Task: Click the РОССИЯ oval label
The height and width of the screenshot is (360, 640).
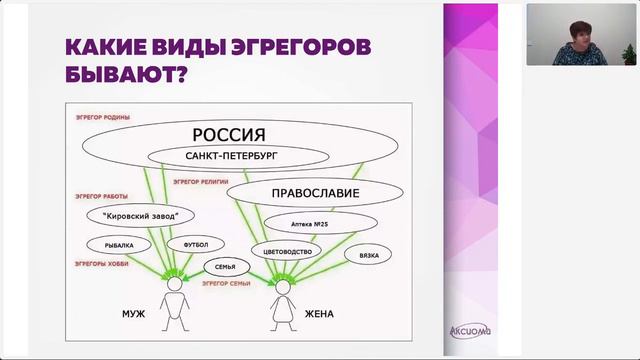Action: pos(228,134)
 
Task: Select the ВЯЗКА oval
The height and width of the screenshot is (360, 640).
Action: pos(361,255)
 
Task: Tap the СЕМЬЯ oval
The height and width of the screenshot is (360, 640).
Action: pos(225,268)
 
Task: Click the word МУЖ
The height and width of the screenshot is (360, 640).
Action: pos(133,314)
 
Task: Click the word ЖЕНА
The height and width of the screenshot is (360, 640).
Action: pos(319,314)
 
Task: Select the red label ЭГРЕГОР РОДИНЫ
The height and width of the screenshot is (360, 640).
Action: pos(96,116)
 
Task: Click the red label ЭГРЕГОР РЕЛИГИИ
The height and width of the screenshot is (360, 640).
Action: pos(199,182)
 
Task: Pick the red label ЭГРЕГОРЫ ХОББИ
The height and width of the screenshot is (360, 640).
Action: pos(99,262)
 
